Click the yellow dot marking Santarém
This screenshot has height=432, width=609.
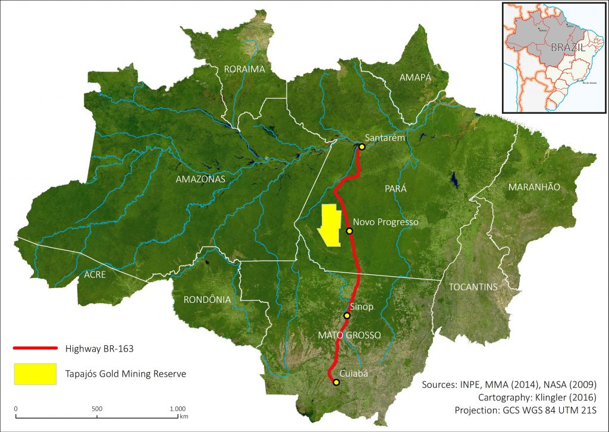pyautogui.click(x=362, y=146)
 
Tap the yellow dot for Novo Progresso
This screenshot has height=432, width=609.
pyautogui.click(x=350, y=230)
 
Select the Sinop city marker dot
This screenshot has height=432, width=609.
pyautogui.click(x=347, y=315)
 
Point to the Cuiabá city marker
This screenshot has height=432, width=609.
pyautogui.click(x=336, y=383)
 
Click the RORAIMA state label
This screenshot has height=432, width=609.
pyautogui.click(x=244, y=69)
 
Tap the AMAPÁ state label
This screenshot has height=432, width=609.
pyautogui.click(x=415, y=77)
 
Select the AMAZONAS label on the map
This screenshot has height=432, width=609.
pyautogui.click(x=200, y=179)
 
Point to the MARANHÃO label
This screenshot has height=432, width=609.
pyautogui.click(x=534, y=187)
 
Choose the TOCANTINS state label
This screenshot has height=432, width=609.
pyautogui.click(x=473, y=286)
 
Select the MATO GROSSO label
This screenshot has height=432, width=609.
pyautogui.click(x=349, y=335)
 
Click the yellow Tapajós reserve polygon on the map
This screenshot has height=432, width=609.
pyautogui.click(x=328, y=225)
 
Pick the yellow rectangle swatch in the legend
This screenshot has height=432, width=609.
pyautogui.click(x=35, y=374)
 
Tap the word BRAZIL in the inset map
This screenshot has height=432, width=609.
pyautogui.click(x=567, y=48)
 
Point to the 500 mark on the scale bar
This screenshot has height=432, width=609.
pyautogui.click(x=97, y=408)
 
